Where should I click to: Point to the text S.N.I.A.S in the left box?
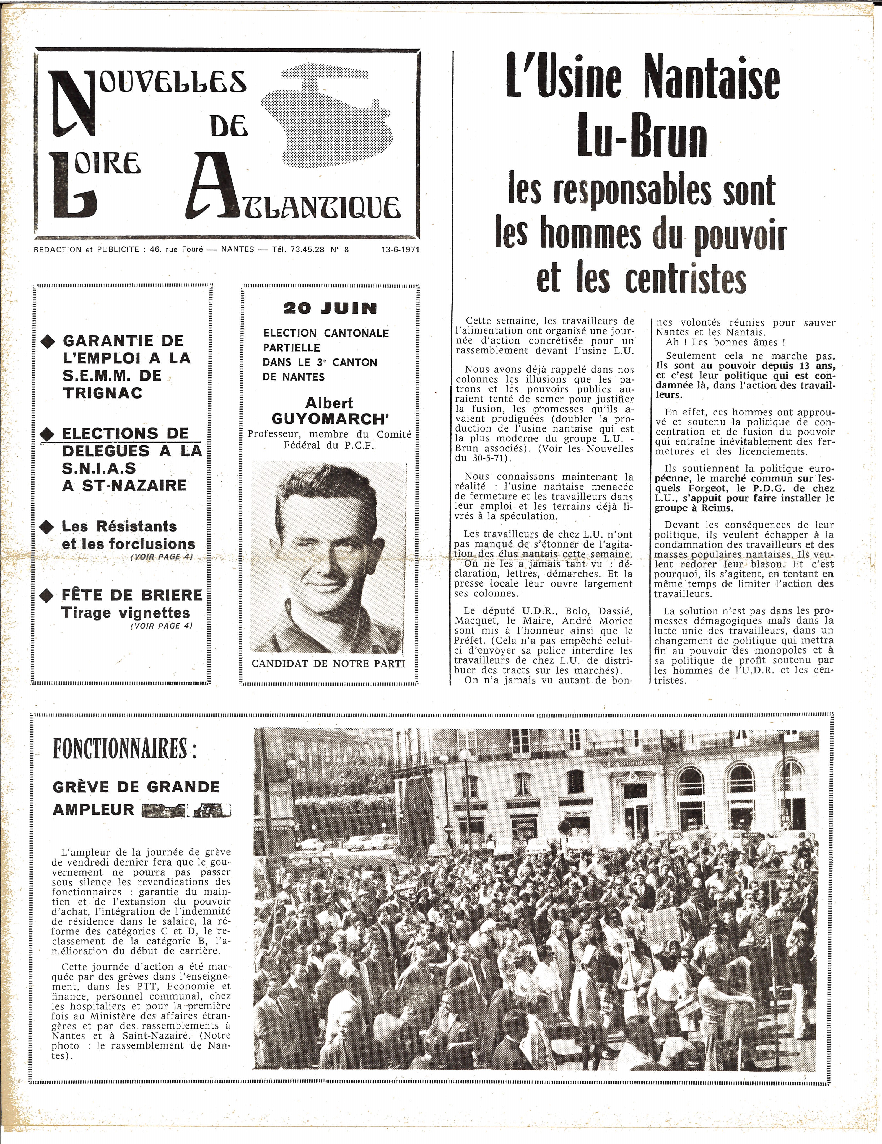pos(99,468)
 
